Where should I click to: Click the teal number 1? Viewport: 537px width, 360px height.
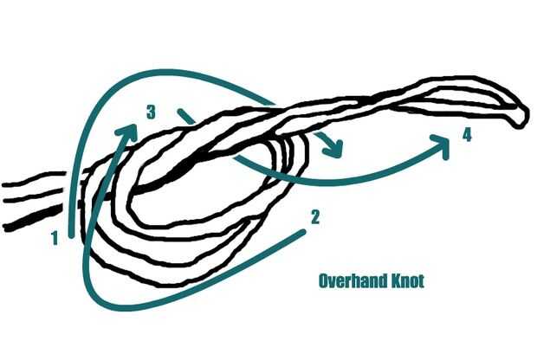(x=55, y=236)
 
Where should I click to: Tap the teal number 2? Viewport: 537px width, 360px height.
(x=315, y=217)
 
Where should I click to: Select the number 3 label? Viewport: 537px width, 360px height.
(x=151, y=112)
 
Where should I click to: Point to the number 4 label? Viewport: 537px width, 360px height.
(x=467, y=135)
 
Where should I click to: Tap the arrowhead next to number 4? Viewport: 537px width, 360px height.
(x=442, y=145)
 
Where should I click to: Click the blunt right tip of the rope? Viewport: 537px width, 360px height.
(x=521, y=114)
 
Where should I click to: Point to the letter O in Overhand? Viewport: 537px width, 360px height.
(x=324, y=281)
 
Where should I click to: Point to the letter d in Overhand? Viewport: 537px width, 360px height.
(x=378, y=281)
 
